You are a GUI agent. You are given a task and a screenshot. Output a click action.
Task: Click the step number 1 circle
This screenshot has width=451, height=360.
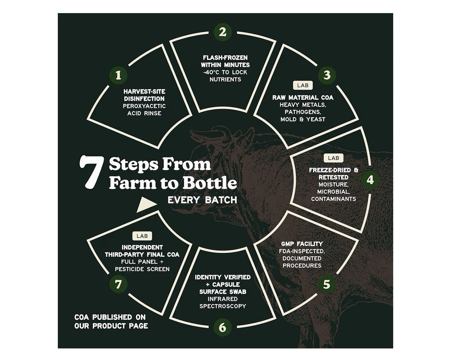pos(118,75)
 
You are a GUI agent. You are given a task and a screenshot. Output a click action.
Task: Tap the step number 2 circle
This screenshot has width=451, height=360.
pos(223,32)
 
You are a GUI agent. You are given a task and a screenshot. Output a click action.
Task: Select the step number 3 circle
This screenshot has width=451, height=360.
pos(327,75)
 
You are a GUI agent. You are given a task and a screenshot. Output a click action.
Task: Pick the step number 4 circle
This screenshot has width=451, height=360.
pos(370,180)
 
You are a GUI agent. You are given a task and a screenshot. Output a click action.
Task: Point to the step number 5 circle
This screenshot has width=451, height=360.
pos(327,284)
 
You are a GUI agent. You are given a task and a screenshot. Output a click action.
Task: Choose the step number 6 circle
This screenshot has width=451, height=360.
pos(223,327)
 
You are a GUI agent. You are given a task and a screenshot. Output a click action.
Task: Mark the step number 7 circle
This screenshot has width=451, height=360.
pos(118,284)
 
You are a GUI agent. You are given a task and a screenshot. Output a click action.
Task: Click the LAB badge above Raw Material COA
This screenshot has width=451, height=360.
pos(303,86)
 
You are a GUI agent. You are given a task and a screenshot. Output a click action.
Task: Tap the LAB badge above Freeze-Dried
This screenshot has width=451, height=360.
pos(334,158)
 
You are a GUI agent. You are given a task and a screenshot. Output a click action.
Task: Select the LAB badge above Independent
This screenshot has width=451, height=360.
pos(142,236)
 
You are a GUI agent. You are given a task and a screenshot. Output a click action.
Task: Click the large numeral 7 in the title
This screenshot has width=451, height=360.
pos(91,172)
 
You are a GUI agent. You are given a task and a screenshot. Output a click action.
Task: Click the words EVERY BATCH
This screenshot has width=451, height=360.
pos(202,200)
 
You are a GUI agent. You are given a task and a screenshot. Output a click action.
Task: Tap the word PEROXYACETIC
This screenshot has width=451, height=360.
pos(145,106)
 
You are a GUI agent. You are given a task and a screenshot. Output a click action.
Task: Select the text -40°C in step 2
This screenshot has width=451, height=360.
pos(211,72)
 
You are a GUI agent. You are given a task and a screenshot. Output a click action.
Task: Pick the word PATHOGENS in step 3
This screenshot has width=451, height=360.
pos(303,112)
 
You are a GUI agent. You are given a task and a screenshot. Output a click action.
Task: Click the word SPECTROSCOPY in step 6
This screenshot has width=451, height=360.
pos(223,306)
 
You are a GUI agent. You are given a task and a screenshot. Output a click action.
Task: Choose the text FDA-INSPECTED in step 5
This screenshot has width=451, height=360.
pos(302,251)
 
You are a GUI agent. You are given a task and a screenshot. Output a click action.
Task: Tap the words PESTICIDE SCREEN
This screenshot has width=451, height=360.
pos(142,269)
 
